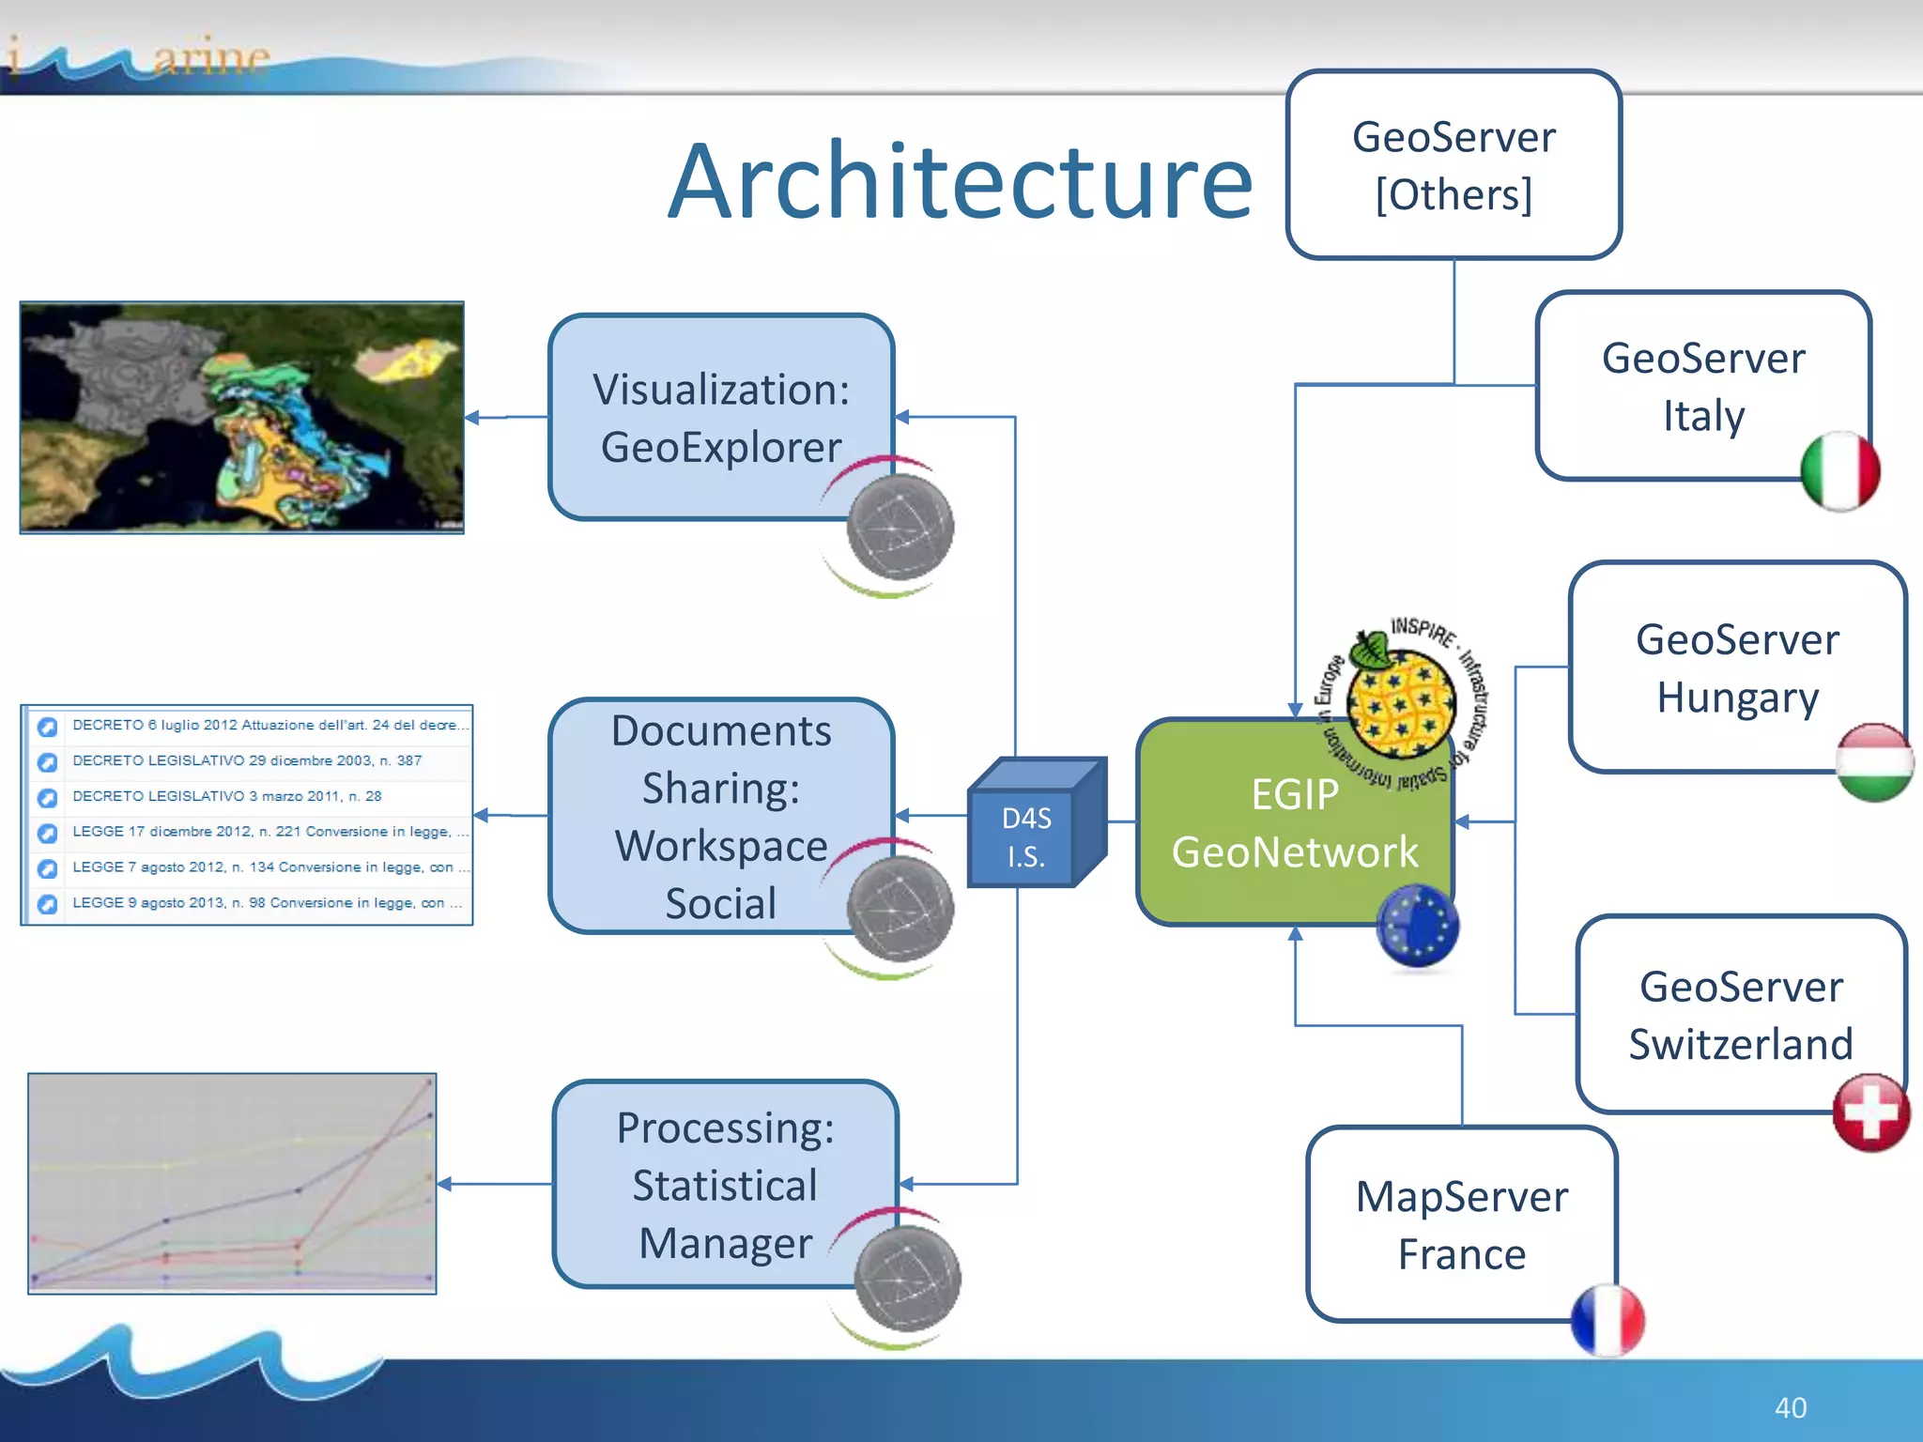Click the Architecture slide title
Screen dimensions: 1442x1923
coord(960,181)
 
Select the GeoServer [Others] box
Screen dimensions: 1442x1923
coord(1453,165)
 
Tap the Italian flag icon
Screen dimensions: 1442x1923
coord(1839,471)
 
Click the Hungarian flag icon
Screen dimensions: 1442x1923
coord(1874,761)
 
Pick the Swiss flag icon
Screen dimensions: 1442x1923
coord(1870,1112)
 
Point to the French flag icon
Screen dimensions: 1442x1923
coord(1608,1320)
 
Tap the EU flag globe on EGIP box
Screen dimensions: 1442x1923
coord(1417,927)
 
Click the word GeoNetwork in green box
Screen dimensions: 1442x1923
coord(1294,852)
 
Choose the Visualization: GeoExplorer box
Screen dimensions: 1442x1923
coord(720,418)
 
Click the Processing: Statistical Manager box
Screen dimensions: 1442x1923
coord(724,1185)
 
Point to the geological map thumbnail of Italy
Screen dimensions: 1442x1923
coord(242,418)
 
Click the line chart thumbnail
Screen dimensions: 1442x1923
coord(232,1183)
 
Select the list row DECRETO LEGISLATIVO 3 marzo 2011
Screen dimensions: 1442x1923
coord(227,796)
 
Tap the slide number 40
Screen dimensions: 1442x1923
coord(1790,1407)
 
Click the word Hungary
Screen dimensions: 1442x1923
coord(1737,698)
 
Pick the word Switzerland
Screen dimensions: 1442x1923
coord(1740,1044)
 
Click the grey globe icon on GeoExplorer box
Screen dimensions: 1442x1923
coord(900,527)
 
